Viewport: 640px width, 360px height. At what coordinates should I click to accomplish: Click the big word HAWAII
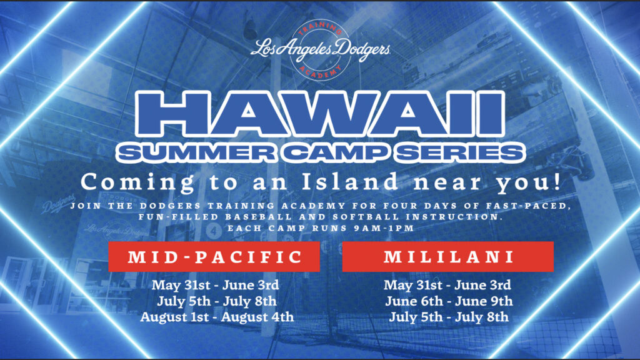(321, 114)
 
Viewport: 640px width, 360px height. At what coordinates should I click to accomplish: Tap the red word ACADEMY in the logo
(321, 71)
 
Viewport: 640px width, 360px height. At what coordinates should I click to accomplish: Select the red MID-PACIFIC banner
(214, 257)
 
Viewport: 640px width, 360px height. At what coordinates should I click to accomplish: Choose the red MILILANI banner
(447, 257)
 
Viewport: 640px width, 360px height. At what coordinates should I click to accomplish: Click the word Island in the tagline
(350, 181)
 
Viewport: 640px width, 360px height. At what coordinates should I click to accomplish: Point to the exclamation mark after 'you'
(557, 181)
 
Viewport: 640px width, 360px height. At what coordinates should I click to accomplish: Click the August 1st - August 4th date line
(217, 317)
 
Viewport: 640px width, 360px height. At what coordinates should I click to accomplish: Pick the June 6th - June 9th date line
(449, 301)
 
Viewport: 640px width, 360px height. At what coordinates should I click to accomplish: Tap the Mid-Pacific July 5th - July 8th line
(217, 301)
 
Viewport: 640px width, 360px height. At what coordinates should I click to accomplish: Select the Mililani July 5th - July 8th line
(449, 317)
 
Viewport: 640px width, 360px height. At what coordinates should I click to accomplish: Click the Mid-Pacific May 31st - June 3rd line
(216, 285)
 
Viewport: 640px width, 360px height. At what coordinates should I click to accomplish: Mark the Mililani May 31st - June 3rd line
(447, 285)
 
